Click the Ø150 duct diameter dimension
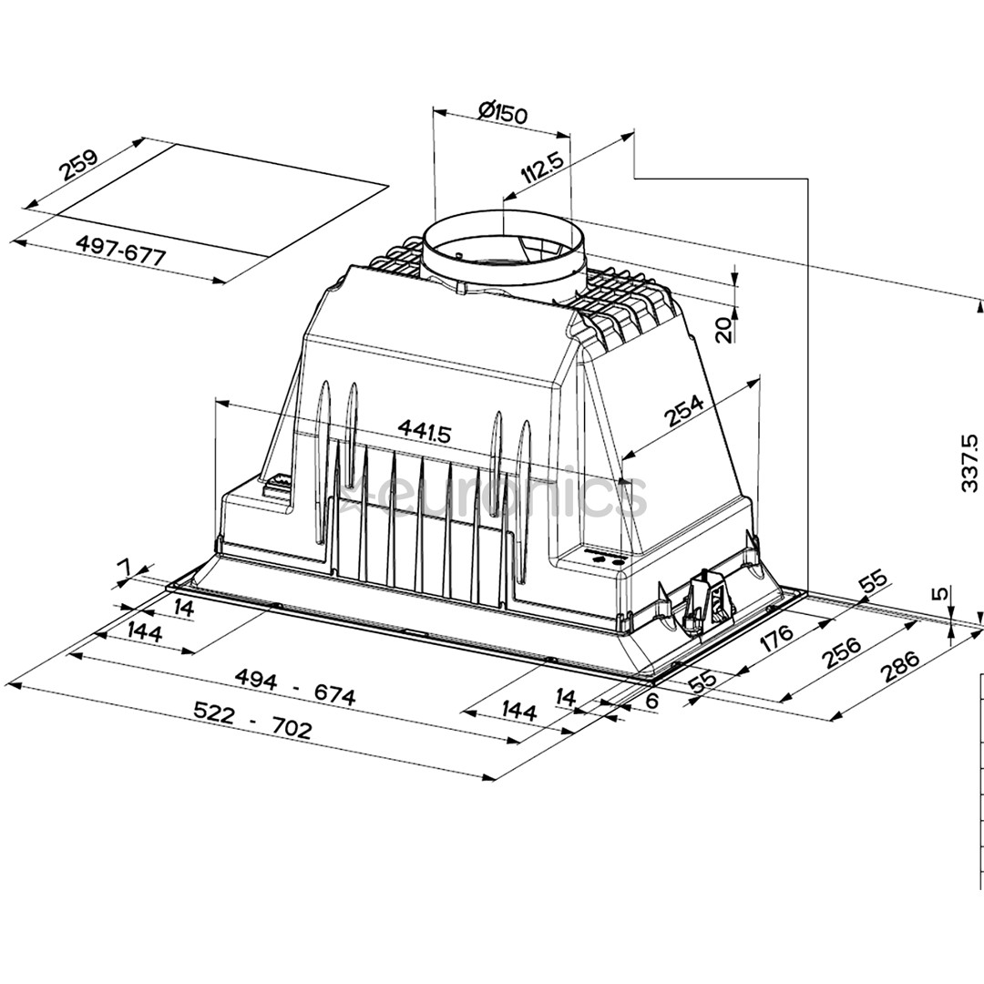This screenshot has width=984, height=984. (x=502, y=113)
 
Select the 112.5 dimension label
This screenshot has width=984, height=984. (x=543, y=169)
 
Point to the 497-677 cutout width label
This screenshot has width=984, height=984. (x=121, y=251)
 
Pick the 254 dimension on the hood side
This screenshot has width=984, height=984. (x=684, y=410)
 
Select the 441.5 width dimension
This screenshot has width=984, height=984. (x=425, y=431)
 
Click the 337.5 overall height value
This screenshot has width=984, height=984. (x=969, y=463)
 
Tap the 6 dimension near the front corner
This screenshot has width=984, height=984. (x=651, y=702)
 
